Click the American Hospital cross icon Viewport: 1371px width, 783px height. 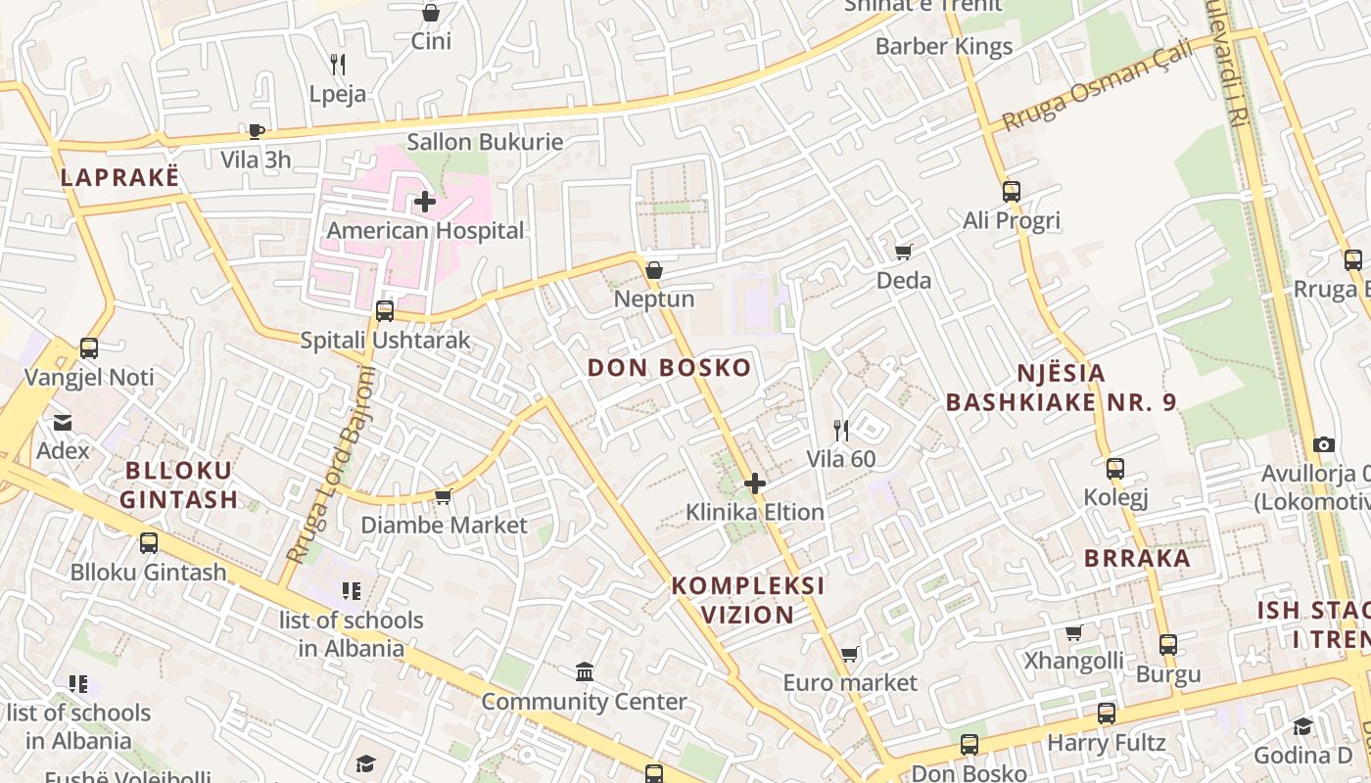pyautogui.click(x=425, y=203)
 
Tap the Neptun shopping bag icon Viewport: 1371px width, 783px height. pyautogui.click(x=653, y=270)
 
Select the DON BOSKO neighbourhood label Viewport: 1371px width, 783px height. pyautogui.click(x=670, y=368)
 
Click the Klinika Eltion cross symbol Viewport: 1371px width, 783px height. pyautogui.click(x=754, y=484)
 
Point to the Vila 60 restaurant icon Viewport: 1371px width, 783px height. pyautogui.click(x=840, y=430)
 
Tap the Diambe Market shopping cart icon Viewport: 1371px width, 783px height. pyautogui.click(x=443, y=497)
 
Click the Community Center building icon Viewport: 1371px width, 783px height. pyautogui.click(x=585, y=672)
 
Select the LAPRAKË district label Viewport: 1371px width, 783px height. pyautogui.click(x=120, y=177)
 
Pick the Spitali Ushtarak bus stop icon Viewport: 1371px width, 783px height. pyautogui.click(x=385, y=311)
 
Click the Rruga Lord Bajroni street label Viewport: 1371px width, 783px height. pyautogui.click(x=331, y=466)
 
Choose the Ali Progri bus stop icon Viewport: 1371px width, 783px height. pyautogui.click(x=1012, y=192)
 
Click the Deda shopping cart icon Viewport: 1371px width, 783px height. pyautogui.click(x=903, y=253)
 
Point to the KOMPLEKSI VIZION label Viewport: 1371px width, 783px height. pyautogui.click(x=747, y=600)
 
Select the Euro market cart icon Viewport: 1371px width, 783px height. pyautogui.click(x=849, y=654)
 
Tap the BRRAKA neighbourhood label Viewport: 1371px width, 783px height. pyautogui.click(x=1137, y=559)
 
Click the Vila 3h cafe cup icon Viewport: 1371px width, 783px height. pyautogui.click(x=256, y=131)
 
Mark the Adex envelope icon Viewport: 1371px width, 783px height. pyautogui.click(x=63, y=423)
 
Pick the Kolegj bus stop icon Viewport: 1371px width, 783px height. pyautogui.click(x=1114, y=469)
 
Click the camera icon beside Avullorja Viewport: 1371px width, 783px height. pyautogui.click(x=1324, y=445)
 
